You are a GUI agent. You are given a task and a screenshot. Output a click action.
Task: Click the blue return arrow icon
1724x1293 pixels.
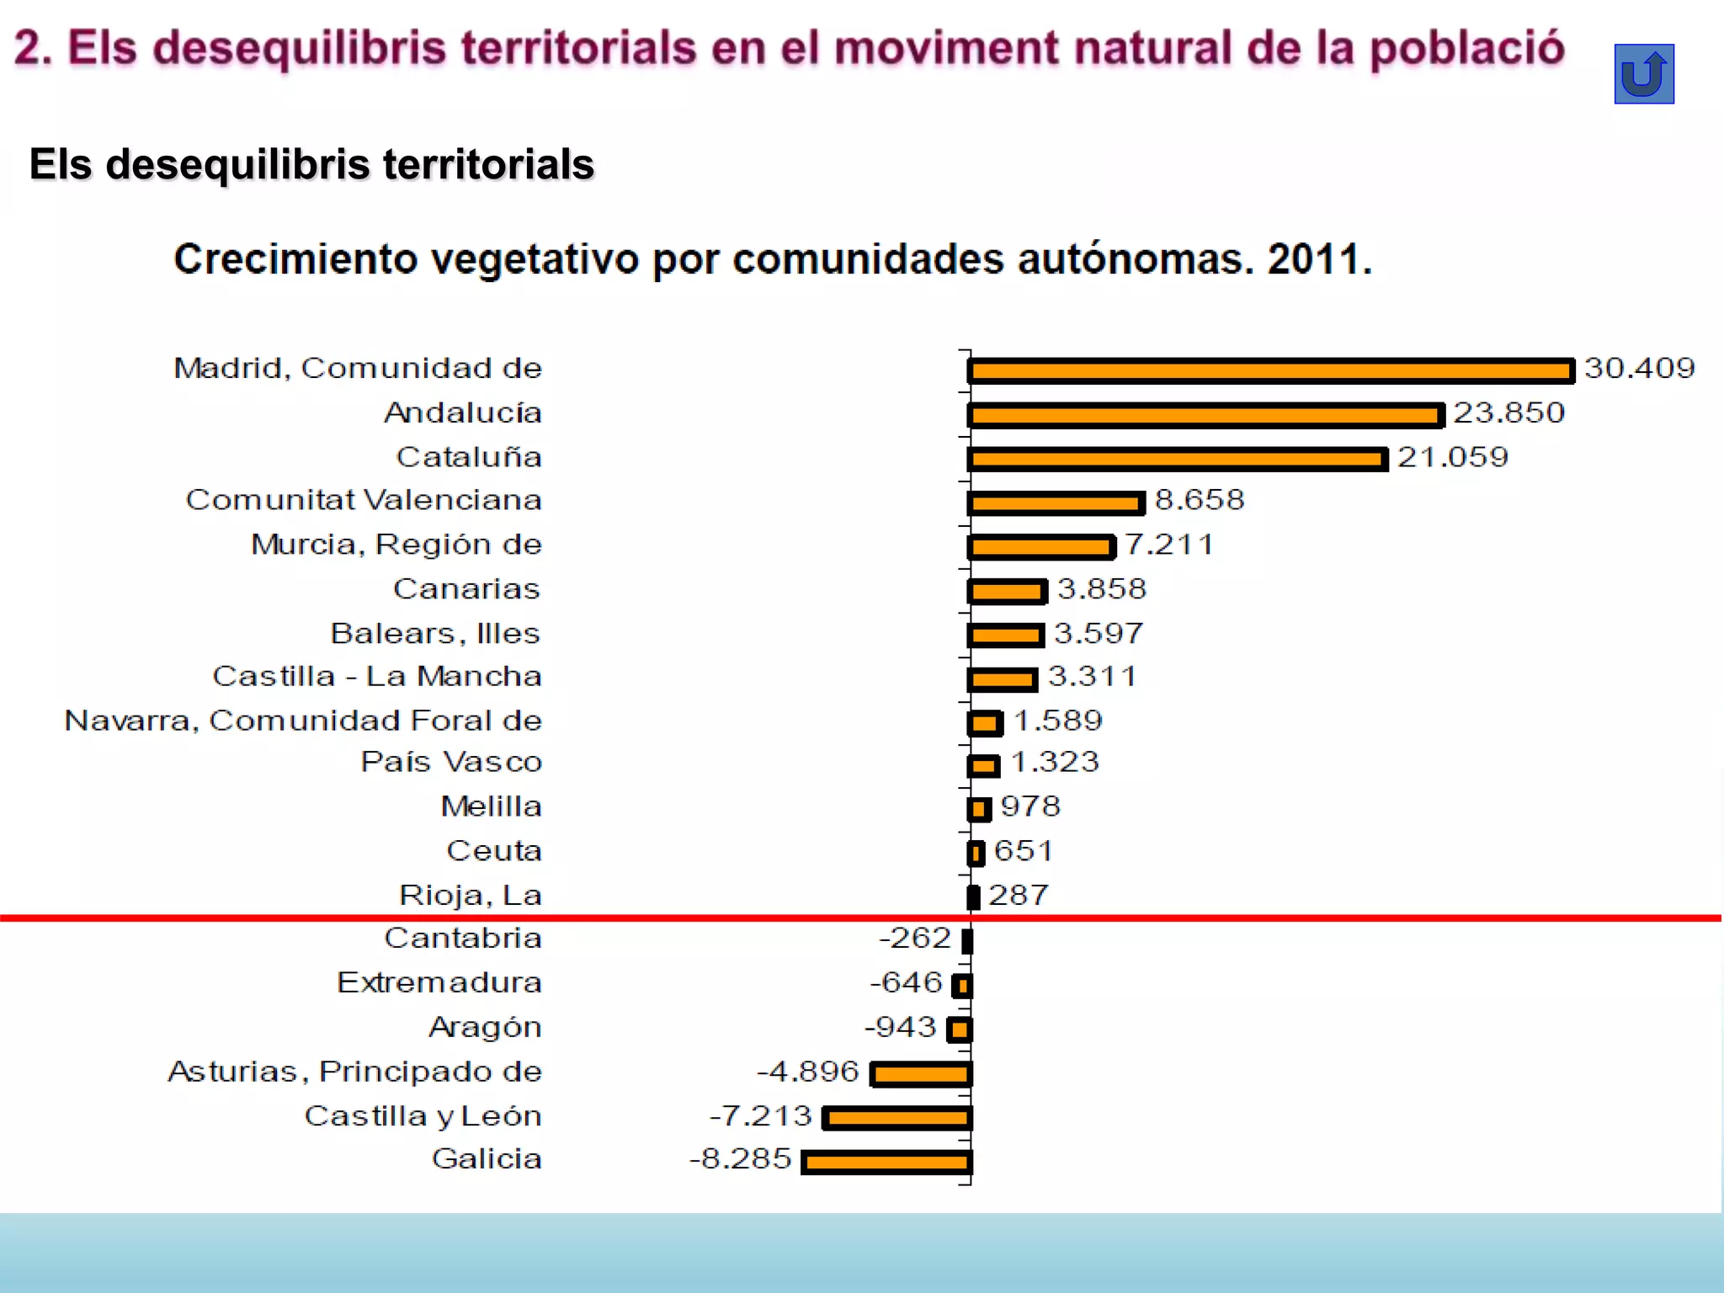(1643, 74)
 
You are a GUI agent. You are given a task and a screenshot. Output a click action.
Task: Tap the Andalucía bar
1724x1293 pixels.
(1205, 415)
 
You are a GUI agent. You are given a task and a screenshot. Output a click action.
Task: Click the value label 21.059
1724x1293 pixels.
(1452, 457)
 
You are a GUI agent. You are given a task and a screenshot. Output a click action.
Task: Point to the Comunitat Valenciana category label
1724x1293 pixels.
(364, 500)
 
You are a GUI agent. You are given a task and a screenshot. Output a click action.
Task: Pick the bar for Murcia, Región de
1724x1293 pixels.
(1041, 547)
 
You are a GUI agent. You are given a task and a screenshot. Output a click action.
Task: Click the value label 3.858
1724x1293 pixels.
(1101, 588)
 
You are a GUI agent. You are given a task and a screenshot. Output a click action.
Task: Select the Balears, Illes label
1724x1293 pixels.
(434, 633)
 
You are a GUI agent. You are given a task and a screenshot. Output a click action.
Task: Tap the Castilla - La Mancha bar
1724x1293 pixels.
(1003, 678)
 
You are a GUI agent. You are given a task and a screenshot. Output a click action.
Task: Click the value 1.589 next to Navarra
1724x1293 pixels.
(1057, 721)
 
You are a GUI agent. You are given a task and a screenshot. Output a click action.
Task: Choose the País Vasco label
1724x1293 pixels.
(451, 762)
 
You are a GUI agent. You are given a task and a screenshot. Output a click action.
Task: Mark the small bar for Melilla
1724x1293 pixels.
(979, 809)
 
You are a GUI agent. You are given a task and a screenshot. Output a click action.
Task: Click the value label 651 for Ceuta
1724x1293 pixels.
(1023, 851)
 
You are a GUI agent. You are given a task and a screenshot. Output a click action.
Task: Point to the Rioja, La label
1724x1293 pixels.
(470, 895)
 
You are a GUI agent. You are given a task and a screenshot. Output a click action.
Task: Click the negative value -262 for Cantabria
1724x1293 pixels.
(914, 938)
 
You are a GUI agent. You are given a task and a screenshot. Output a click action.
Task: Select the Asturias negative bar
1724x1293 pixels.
(922, 1073)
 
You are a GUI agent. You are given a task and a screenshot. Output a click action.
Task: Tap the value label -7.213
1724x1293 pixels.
(760, 1116)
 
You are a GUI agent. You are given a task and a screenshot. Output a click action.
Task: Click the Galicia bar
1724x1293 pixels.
(886, 1163)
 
